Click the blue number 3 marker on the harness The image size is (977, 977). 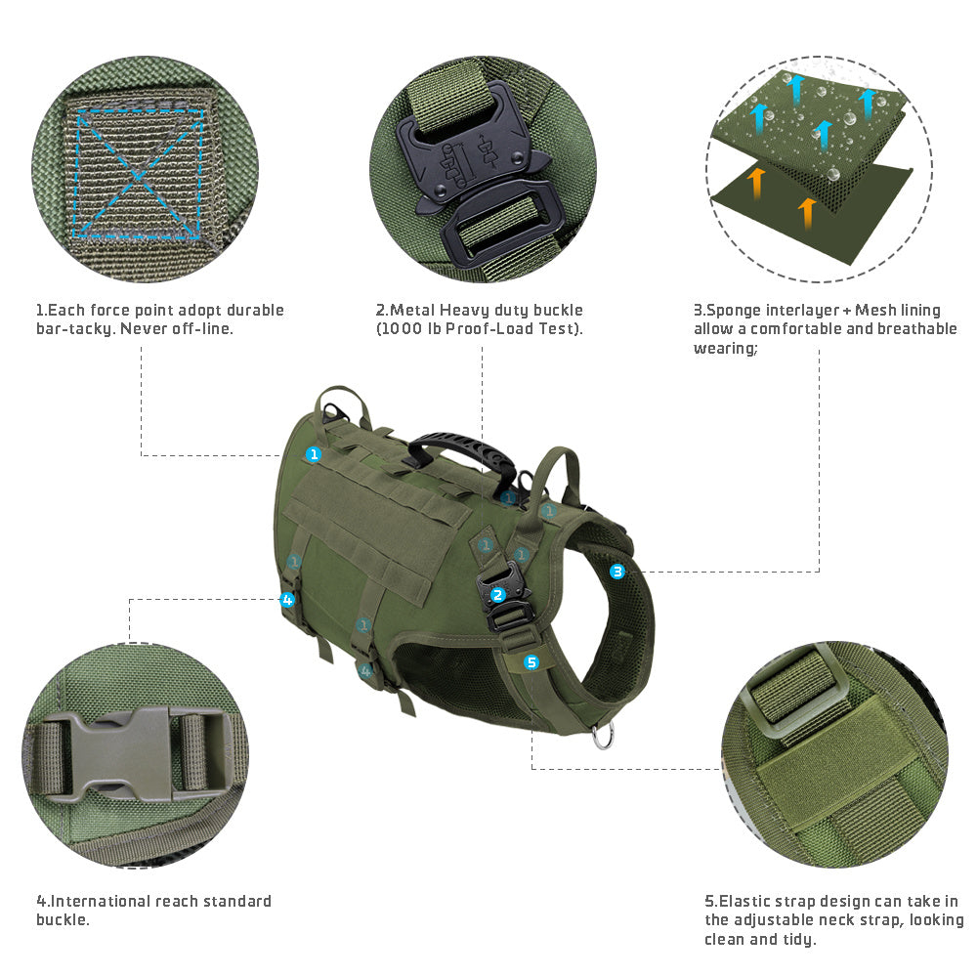(617, 572)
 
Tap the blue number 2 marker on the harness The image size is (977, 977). (497, 594)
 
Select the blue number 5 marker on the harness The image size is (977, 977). (531, 662)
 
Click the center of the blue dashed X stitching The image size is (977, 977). (139, 173)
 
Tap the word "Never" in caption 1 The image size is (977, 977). (146, 328)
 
